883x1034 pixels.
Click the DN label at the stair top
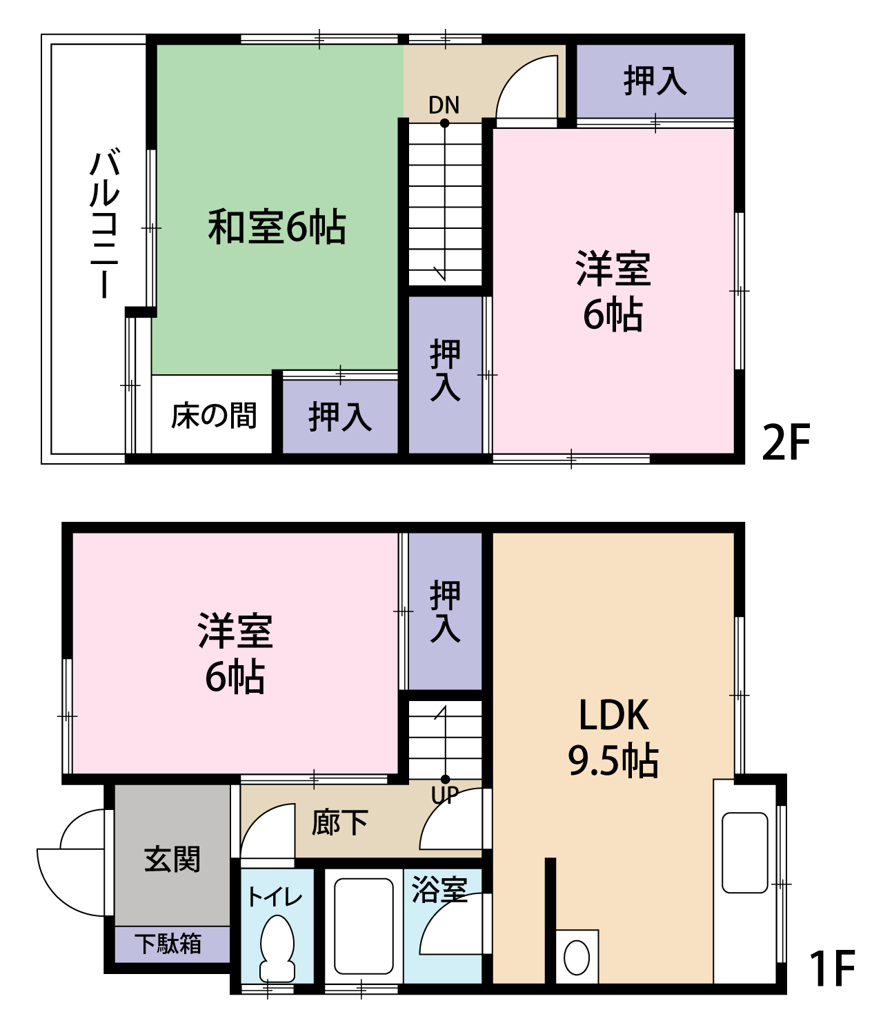[444, 105]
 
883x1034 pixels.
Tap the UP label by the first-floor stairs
[445, 794]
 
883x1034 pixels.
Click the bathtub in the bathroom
[364, 926]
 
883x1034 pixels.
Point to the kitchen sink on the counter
[745, 853]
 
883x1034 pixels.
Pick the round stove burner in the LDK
[577, 957]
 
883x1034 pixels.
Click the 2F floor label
[786, 442]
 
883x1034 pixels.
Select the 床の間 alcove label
[214, 415]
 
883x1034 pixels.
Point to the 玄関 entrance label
[172, 860]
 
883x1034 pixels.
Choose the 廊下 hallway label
[340, 822]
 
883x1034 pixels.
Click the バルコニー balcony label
[105, 223]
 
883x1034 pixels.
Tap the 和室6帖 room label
[277, 227]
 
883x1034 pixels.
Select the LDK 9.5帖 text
[613, 738]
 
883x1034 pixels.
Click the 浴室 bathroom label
[439, 891]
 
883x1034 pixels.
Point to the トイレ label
[275, 897]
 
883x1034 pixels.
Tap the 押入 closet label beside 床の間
[340, 417]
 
